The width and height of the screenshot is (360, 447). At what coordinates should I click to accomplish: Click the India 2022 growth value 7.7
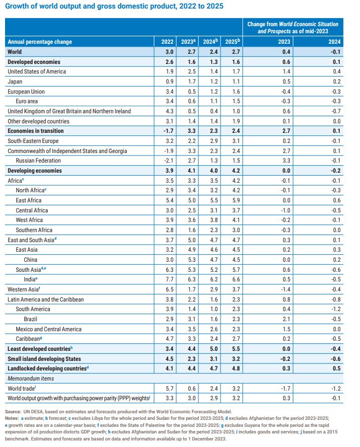[169, 279]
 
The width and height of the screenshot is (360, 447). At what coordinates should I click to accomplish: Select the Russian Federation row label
[38, 161]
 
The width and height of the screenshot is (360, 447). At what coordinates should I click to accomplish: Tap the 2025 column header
[232, 42]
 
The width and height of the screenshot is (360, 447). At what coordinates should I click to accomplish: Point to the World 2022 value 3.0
[169, 52]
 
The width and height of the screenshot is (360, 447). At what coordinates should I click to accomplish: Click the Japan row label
[15, 82]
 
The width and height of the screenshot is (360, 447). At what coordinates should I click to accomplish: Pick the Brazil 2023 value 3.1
[191, 319]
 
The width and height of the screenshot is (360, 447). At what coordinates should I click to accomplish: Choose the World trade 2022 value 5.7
[169, 388]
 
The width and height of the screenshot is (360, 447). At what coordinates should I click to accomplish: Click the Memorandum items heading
[31, 379]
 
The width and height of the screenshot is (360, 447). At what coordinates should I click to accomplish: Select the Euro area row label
[27, 101]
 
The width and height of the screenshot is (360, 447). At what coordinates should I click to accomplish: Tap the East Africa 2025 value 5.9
[236, 200]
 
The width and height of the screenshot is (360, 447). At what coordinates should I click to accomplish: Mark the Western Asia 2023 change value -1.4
[285, 289]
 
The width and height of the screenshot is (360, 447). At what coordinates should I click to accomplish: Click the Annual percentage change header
[40, 42]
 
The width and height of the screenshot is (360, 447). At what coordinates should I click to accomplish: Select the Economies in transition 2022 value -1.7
[169, 131]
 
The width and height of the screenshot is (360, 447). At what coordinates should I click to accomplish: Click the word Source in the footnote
[13, 412]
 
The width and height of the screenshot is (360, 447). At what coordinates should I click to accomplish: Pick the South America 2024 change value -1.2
[336, 309]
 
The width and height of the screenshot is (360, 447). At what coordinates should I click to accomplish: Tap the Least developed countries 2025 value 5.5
[236, 349]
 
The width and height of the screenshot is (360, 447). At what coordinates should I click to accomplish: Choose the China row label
[31, 260]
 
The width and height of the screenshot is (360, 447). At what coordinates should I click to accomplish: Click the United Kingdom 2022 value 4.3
[169, 111]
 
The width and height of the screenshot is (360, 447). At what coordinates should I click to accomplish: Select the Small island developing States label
[44, 358]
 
